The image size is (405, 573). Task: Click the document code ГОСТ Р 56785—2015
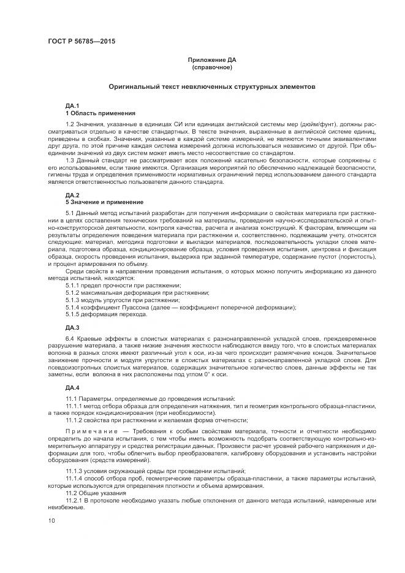pyautogui.click(x=81, y=41)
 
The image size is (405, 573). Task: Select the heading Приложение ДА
pyautogui.click(x=211, y=60)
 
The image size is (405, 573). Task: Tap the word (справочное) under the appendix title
pyautogui.click(x=211, y=67)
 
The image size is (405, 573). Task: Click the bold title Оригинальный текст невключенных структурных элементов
pyautogui.click(x=212, y=87)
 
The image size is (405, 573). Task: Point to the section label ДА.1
pyautogui.click(x=72, y=107)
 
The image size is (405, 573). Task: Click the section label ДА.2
pyautogui.click(x=72, y=195)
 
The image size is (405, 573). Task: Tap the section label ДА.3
pyautogui.click(x=72, y=328)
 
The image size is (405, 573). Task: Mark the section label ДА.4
pyautogui.click(x=72, y=389)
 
